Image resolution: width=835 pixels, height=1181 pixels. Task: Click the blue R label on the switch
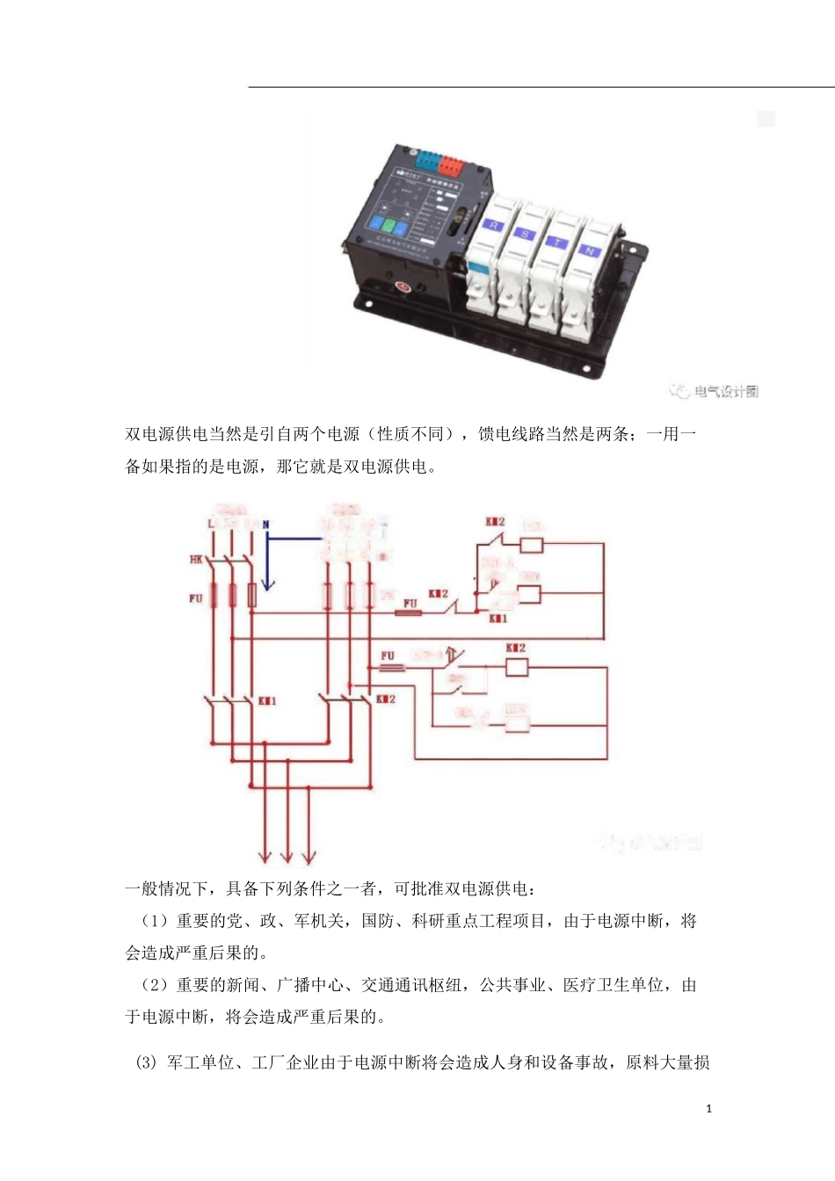(494, 225)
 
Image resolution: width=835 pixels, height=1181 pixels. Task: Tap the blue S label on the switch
(526, 234)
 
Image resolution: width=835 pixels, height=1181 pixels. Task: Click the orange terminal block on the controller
(451, 164)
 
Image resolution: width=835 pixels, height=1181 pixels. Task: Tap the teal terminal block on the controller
(428, 160)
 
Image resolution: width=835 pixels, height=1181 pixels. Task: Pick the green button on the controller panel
(388, 225)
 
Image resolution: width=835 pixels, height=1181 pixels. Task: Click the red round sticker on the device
(403, 286)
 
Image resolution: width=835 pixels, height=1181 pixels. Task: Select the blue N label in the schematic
(265, 525)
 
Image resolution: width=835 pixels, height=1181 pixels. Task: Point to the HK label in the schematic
(196, 560)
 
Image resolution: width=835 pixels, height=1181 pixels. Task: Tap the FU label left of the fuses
(195, 598)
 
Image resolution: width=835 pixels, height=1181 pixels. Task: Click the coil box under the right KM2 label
(517, 667)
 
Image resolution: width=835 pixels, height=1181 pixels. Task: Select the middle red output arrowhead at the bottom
(287, 857)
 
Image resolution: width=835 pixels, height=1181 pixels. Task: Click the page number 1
(709, 1109)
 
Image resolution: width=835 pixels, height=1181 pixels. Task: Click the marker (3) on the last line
(145, 1063)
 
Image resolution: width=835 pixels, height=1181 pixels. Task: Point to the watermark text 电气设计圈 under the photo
(725, 392)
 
